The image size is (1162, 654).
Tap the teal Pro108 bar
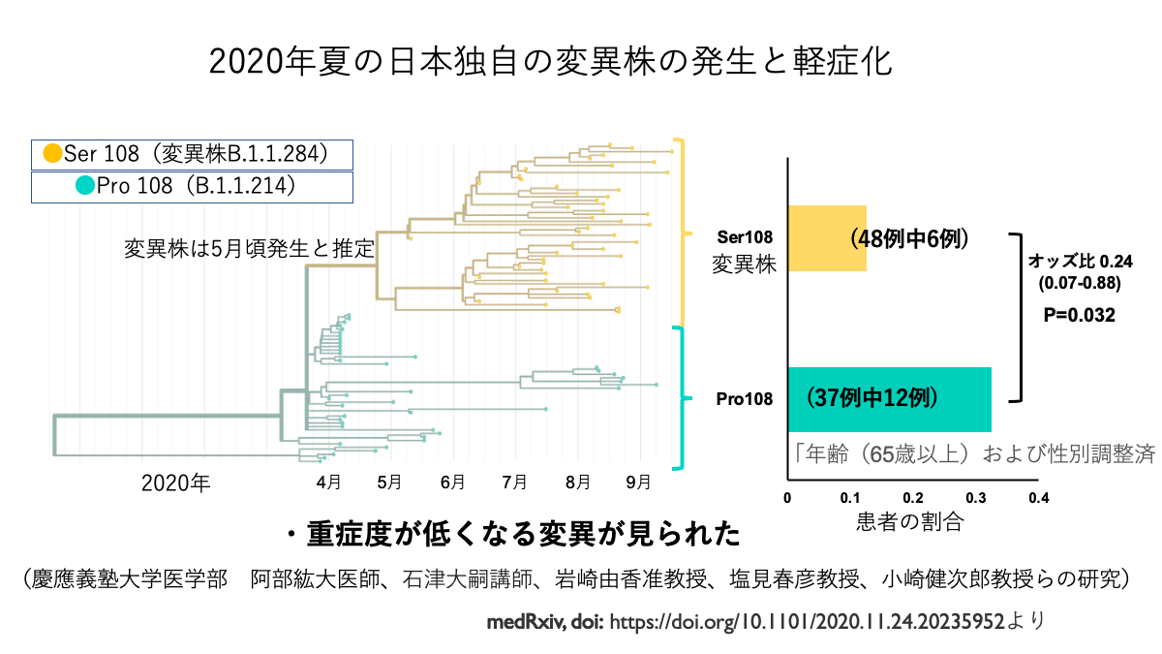889,398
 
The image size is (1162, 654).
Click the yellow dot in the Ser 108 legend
52,153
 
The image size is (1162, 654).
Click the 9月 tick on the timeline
638,481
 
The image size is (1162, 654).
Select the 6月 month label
451,481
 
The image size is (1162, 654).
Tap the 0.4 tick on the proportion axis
1038,498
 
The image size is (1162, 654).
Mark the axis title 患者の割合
910,521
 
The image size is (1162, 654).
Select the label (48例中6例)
909,238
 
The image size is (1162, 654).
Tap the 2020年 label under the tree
174,482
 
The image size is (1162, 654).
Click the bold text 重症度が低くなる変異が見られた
524,534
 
